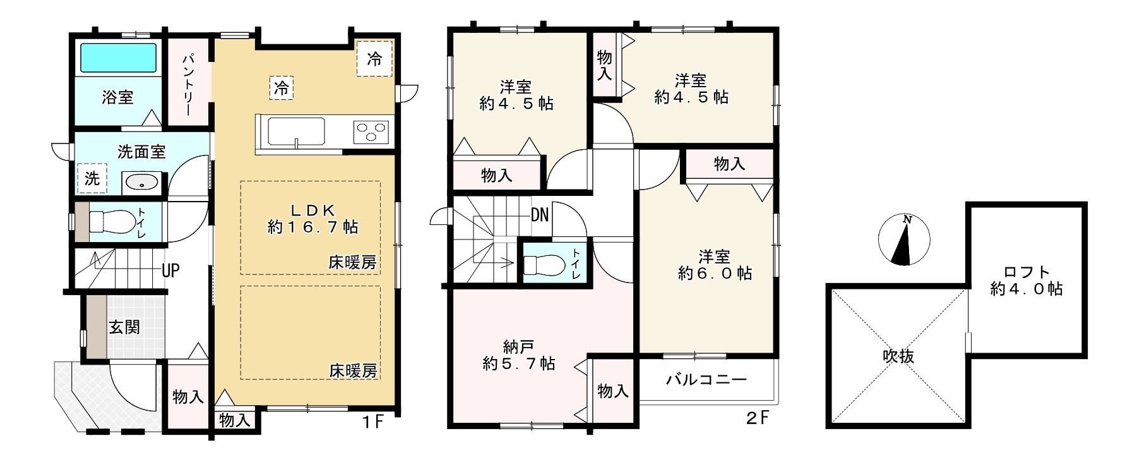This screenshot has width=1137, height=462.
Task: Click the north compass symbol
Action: pyautogui.click(x=904, y=240)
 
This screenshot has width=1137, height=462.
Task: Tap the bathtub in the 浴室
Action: pyautogui.click(x=118, y=59)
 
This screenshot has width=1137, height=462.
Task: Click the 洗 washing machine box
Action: pyautogui.click(x=92, y=178)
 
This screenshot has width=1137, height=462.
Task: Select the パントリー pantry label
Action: pyautogui.click(x=189, y=83)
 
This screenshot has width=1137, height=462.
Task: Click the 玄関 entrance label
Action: pyautogui.click(x=124, y=327)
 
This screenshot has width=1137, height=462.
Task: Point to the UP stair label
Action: pyautogui.click(x=170, y=271)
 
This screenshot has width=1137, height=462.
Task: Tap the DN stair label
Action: pyautogui.click(x=540, y=215)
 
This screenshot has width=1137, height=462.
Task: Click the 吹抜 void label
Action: pyautogui.click(x=898, y=356)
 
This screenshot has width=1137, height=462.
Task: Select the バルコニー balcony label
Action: pyautogui.click(x=706, y=380)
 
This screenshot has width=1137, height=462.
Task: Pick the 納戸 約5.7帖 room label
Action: pyautogui.click(x=519, y=355)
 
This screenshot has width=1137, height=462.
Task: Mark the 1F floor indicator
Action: pyautogui.click(x=373, y=421)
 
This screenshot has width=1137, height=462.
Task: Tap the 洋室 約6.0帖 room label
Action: pyautogui.click(x=715, y=265)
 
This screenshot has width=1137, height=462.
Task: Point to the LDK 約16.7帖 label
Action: pyautogui.click(x=312, y=219)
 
